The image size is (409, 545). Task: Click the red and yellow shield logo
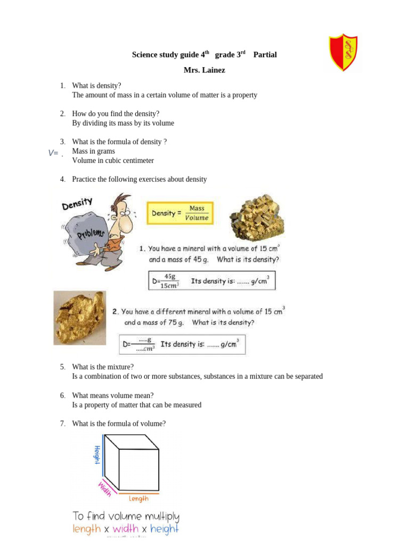tap(343, 53)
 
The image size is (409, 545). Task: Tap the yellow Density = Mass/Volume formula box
tap(180, 213)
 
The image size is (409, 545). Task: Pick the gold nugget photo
tap(79, 317)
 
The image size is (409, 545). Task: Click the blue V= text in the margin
tap(53, 153)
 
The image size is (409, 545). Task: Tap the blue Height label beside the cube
tap(97, 455)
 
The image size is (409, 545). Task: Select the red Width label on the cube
tap(104, 489)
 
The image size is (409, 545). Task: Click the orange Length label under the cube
tap(139, 499)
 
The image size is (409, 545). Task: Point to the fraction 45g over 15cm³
tap(170, 281)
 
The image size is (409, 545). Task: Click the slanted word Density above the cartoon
tap(78, 203)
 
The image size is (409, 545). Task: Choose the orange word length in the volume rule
tap(86, 529)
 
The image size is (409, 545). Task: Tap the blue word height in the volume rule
tap(165, 529)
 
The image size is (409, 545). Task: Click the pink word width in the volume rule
tap(126, 529)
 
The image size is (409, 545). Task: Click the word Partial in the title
tap(265, 55)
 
